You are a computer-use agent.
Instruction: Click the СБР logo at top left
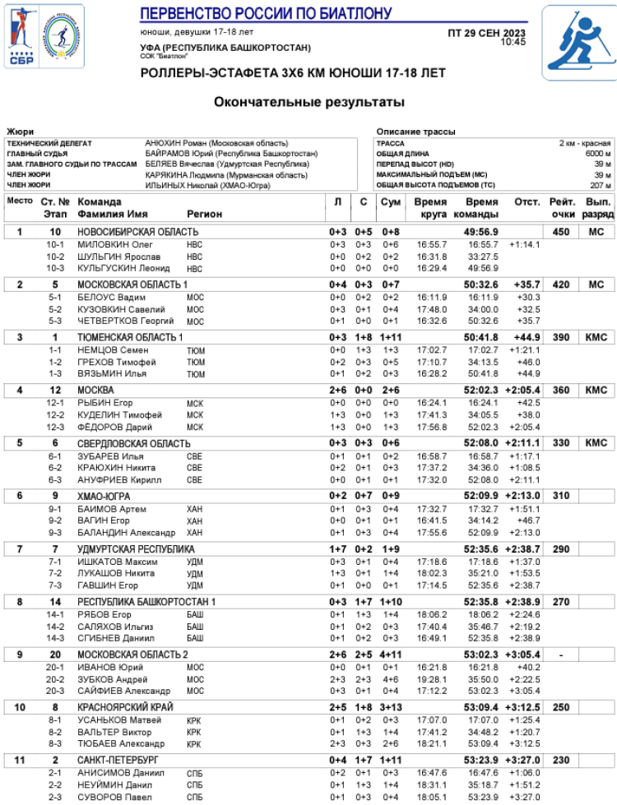pyautogui.click(x=20, y=36)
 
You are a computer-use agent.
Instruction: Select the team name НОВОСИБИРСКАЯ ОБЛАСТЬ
pyautogui.click(x=137, y=233)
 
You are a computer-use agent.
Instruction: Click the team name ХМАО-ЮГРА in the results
pyautogui.click(x=104, y=496)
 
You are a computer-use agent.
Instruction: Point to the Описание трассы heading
pyautogui.click(x=415, y=132)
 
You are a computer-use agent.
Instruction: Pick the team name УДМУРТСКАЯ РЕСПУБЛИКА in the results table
pyautogui.click(x=136, y=549)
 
